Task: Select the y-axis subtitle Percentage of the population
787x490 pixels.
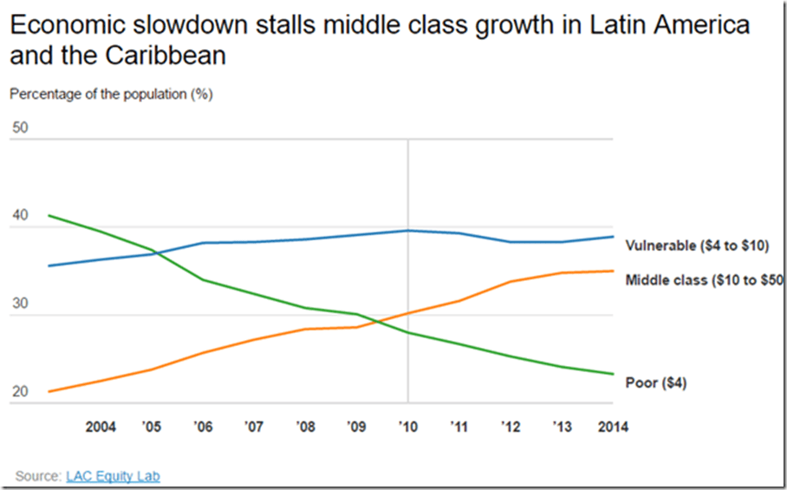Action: point(111,95)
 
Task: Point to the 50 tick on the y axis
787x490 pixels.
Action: point(21,128)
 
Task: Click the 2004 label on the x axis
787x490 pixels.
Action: point(101,427)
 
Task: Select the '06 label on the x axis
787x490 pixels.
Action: point(204,427)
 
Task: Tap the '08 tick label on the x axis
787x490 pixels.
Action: point(305,427)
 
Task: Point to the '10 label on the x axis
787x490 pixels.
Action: point(407,427)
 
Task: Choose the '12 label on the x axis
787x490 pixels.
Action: point(511,427)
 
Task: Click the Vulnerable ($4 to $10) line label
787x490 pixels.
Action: point(696,245)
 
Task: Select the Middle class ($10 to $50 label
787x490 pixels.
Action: point(704,280)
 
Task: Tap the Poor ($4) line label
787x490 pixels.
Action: point(655,382)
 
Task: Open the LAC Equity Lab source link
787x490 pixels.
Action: point(113,476)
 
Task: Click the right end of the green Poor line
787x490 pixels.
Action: point(613,374)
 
